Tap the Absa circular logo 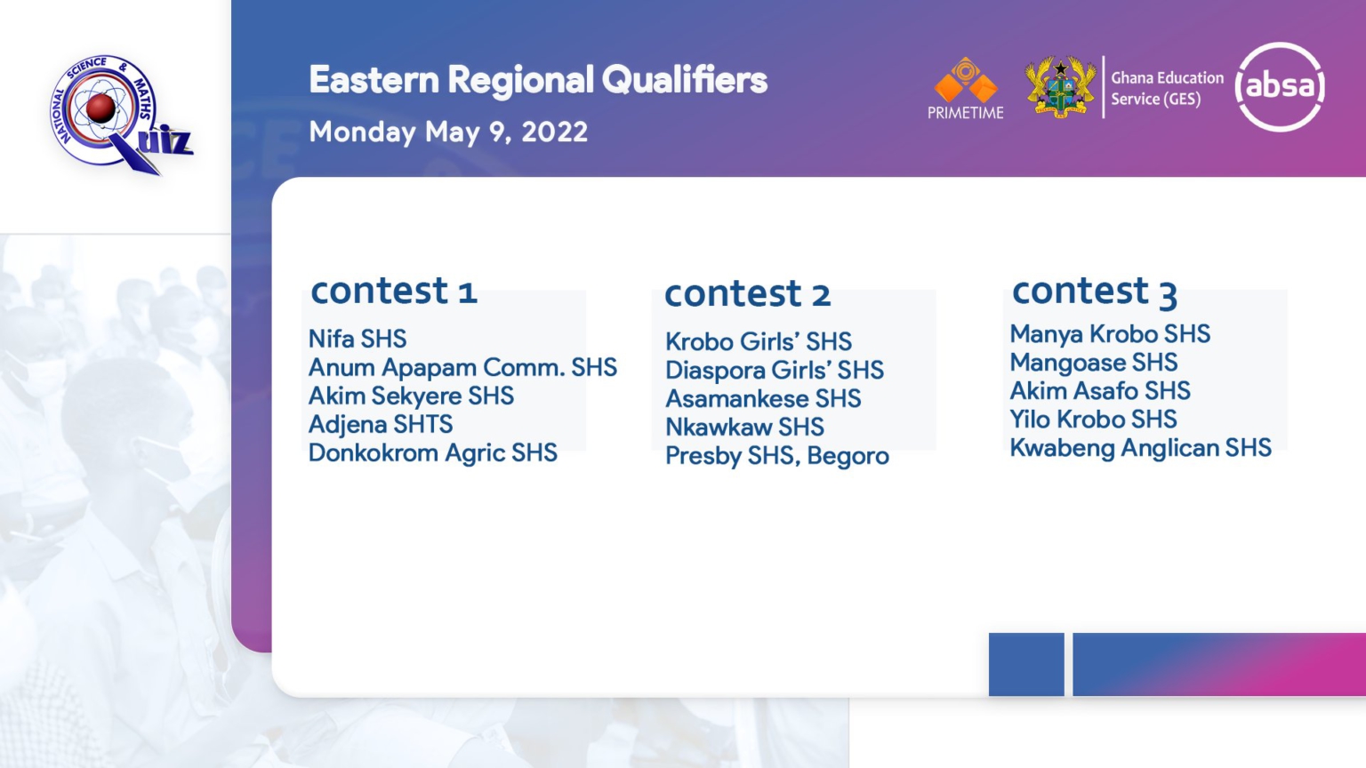pyautogui.click(x=1280, y=86)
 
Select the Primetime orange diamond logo pyautogui.click(x=965, y=88)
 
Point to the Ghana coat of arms pyautogui.click(x=1060, y=86)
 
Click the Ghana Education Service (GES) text pyautogui.click(x=1167, y=88)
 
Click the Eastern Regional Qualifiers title pyautogui.click(x=538, y=80)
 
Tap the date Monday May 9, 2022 pyautogui.click(x=448, y=132)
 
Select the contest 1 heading pyautogui.click(x=394, y=290)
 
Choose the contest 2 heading pyautogui.click(x=748, y=293)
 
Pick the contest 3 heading pyautogui.click(x=1095, y=291)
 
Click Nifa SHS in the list pyautogui.click(x=358, y=339)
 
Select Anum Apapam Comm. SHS pyautogui.click(x=462, y=367)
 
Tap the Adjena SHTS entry pyautogui.click(x=381, y=424)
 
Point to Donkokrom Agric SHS pyautogui.click(x=433, y=452)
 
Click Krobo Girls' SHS pyautogui.click(x=759, y=341)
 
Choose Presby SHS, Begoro pyautogui.click(x=777, y=456)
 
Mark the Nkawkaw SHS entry pyautogui.click(x=744, y=428)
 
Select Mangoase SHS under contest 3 pyautogui.click(x=1094, y=363)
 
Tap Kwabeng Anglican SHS pyautogui.click(x=1141, y=448)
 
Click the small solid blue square pyautogui.click(x=1026, y=664)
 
